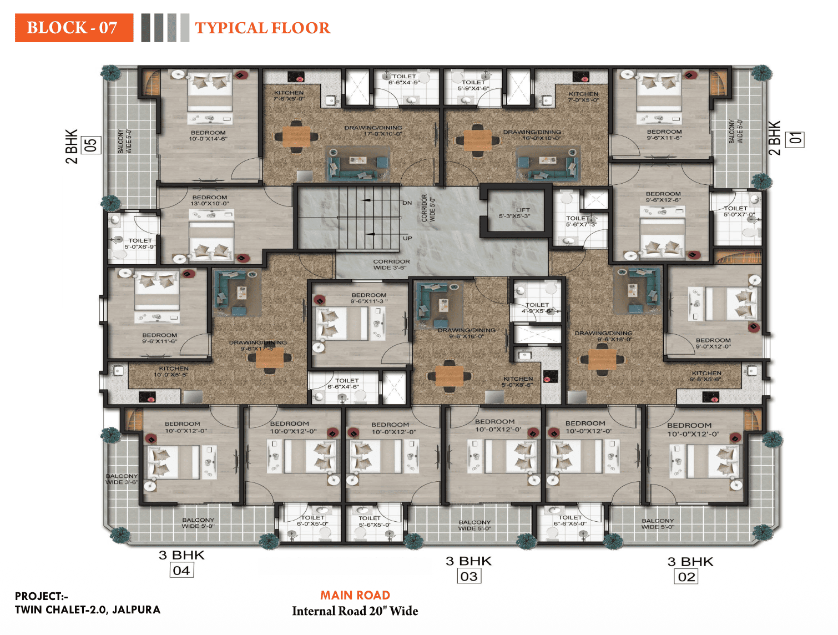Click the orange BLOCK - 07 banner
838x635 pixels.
point(74,28)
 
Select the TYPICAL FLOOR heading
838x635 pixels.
point(262,28)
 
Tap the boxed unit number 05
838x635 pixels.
point(91,145)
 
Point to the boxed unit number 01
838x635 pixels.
point(796,139)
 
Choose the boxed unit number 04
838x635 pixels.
point(181,571)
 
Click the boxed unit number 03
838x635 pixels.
point(469,577)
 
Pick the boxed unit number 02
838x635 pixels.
point(686,577)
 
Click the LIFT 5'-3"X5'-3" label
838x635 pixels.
point(514,213)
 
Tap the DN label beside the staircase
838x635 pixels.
point(407,203)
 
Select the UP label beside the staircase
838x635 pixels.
point(407,238)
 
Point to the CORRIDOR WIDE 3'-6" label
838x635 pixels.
point(391,264)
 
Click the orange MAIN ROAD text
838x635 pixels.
point(355,596)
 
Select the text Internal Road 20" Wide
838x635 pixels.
point(355,611)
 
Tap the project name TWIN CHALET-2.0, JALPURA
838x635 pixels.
point(88,609)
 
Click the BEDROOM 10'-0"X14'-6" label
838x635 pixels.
point(208,136)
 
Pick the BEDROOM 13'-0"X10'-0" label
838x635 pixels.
point(210,200)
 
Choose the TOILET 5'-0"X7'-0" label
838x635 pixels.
point(739,211)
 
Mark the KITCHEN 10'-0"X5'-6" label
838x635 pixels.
point(173,371)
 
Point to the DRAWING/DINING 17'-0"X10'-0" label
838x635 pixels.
point(373,130)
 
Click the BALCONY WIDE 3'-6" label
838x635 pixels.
point(122,479)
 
